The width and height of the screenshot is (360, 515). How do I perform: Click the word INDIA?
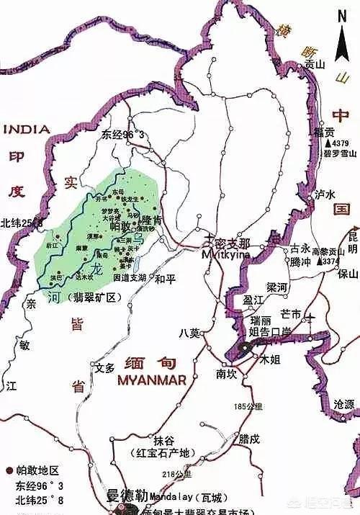pyautogui.click(x=27, y=130)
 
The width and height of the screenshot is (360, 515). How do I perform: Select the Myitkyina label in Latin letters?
pyautogui.click(x=226, y=254)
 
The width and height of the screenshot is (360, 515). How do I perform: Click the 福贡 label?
pyautogui.click(x=325, y=133)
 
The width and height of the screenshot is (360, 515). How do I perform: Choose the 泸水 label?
pyautogui.click(x=326, y=194)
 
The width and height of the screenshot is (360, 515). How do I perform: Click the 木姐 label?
pyautogui.click(x=270, y=358)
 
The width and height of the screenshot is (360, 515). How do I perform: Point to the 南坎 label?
pyautogui.click(x=225, y=375)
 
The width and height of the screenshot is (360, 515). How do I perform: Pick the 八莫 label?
pyautogui.click(x=189, y=332)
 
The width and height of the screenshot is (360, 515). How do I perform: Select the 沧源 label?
pyautogui.click(x=345, y=406)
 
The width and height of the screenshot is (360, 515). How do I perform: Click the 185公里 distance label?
pyautogui.click(x=245, y=407)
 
